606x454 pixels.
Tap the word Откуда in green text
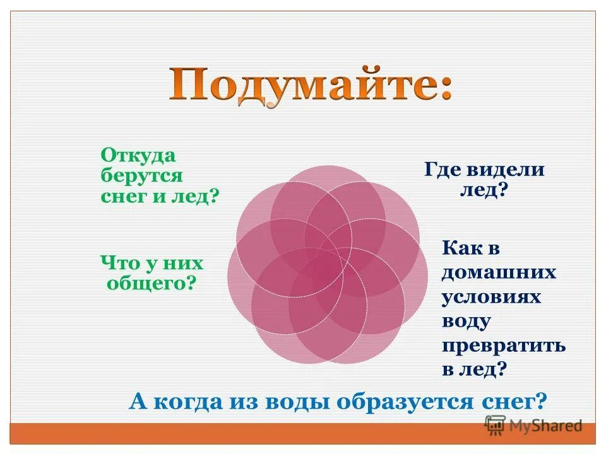pos(138,156)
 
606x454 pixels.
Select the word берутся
pos(141,176)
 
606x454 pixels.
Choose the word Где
pos(442,169)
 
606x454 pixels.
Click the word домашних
pos(499,272)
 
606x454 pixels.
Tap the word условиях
pos(491,296)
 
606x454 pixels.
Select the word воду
pos(466,320)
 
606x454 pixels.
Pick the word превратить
pos(503,346)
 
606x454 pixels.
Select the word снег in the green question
pos(121,196)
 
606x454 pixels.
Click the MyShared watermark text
pos(543,426)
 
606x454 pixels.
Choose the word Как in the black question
pos(460,248)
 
